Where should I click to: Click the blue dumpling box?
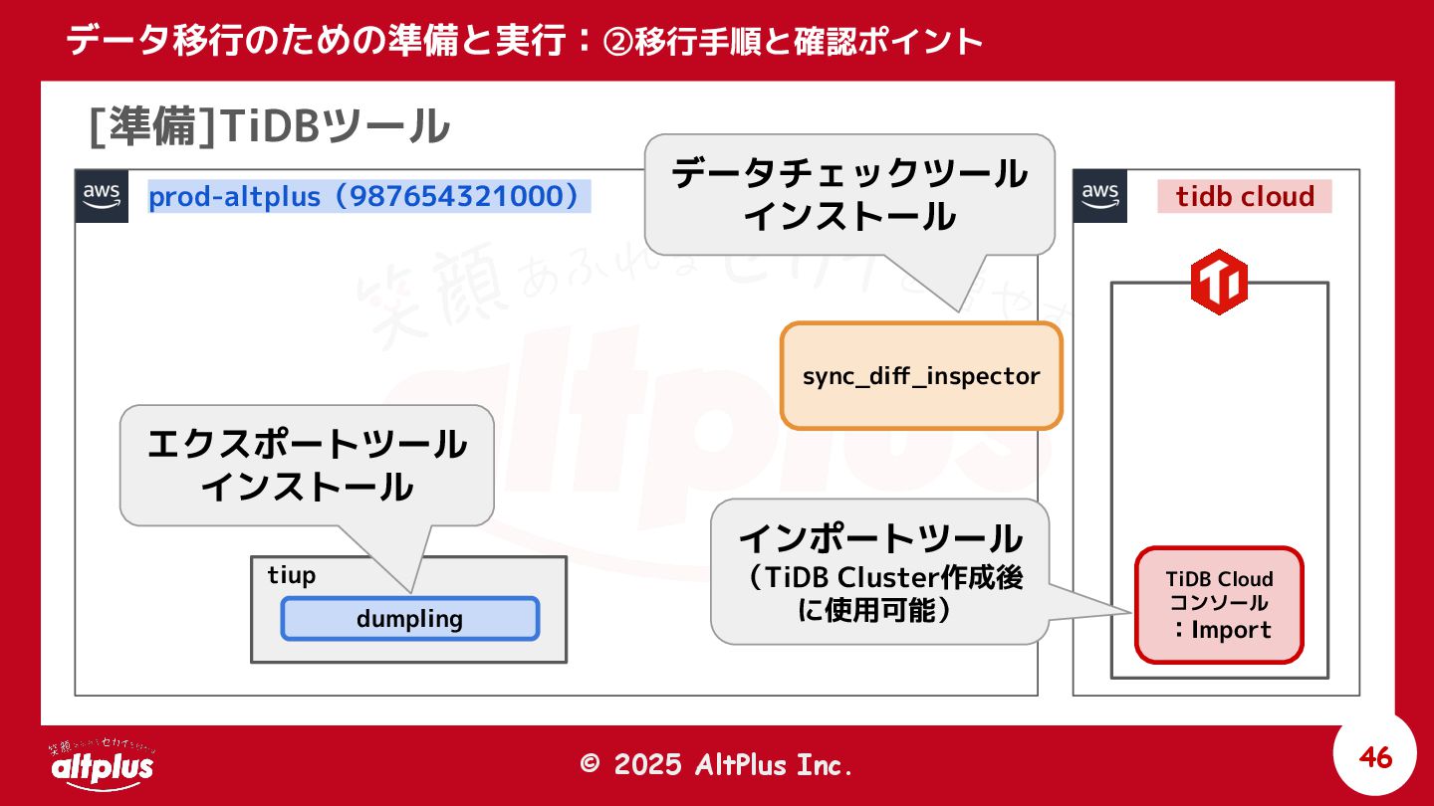point(409,619)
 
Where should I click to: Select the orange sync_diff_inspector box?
point(921,376)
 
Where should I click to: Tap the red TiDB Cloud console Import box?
point(1219,604)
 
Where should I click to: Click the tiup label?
point(292,575)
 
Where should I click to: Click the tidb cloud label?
point(1244,196)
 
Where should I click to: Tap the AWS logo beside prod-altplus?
point(103,196)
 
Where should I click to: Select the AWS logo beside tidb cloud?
point(1100,196)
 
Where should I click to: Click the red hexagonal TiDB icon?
point(1219,284)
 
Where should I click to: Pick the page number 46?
point(1375,758)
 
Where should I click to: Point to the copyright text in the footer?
point(717,764)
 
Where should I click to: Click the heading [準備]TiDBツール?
point(269,127)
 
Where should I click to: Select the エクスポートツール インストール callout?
point(307,465)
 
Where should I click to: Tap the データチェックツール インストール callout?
point(849,194)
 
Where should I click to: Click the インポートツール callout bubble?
point(880,571)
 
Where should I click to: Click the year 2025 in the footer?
point(648,764)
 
